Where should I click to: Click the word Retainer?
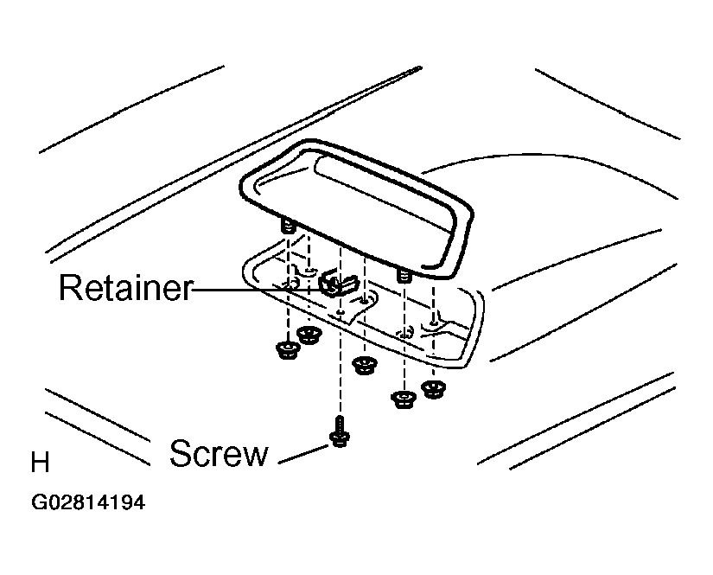click(126, 287)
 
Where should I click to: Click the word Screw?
click(219, 453)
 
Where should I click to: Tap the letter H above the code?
click(40, 463)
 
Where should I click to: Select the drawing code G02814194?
click(88, 502)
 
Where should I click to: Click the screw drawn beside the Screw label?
click(340, 431)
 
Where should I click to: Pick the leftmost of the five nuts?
click(288, 350)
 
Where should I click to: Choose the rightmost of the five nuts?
click(433, 389)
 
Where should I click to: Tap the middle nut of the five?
click(365, 365)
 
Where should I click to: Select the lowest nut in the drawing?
click(404, 399)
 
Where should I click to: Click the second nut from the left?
click(309, 335)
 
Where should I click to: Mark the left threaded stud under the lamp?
click(289, 226)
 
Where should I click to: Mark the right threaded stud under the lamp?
click(404, 276)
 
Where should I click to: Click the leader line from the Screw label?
click(303, 455)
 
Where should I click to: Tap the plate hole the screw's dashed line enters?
click(341, 312)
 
